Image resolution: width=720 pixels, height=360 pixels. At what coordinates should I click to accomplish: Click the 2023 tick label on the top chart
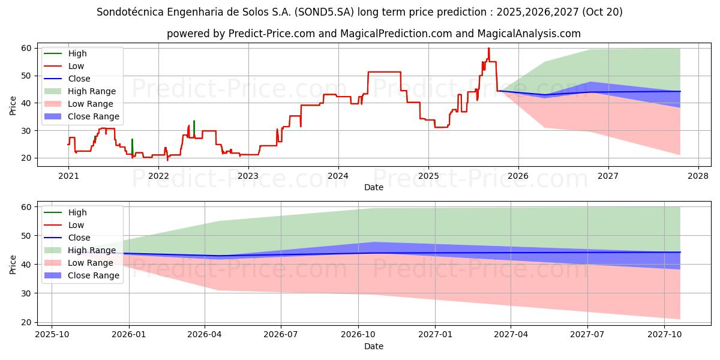point(248,176)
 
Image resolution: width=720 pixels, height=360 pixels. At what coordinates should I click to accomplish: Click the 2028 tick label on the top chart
point(698,176)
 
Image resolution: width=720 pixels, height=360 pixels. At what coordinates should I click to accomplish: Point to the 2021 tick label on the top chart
point(68,176)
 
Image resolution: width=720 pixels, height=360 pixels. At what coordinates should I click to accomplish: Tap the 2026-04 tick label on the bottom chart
point(205,334)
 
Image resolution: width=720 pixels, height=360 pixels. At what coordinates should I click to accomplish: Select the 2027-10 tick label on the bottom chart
point(664,334)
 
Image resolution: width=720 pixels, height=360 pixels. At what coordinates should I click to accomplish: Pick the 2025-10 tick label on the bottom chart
point(52,334)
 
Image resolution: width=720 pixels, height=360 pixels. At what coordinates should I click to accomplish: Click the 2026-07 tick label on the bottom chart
point(281,334)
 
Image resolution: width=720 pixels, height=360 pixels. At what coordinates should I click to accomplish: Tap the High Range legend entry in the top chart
point(92,91)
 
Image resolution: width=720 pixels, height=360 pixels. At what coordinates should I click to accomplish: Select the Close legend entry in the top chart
point(79,79)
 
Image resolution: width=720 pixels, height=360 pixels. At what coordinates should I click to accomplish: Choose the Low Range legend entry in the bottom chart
point(91,263)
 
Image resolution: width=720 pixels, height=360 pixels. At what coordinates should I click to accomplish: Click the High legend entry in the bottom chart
point(77,212)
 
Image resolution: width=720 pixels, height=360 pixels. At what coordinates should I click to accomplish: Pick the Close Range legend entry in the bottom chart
point(94,275)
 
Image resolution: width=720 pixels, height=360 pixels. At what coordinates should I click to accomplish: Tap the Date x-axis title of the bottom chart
point(373,346)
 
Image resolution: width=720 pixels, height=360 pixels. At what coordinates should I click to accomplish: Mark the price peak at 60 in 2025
point(488,49)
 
